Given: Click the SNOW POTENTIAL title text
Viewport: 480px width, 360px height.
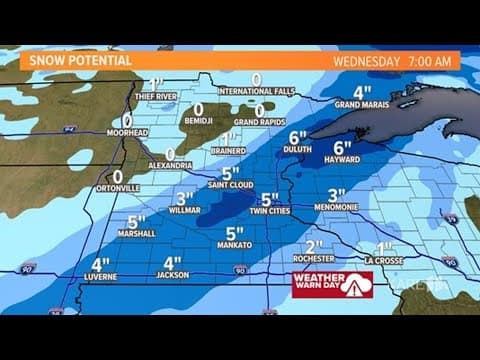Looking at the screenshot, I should [80, 60].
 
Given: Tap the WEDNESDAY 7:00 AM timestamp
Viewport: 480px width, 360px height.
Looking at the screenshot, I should [391, 60].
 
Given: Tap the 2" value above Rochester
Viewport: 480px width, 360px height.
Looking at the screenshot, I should [315, 246].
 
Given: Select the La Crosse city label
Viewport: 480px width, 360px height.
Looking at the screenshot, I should [386, 261].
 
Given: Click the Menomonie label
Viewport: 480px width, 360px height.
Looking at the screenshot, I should [336, 211].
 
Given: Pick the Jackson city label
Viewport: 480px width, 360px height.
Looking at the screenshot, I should [171, 277].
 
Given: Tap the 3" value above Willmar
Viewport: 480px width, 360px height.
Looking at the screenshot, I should [184, 198].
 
